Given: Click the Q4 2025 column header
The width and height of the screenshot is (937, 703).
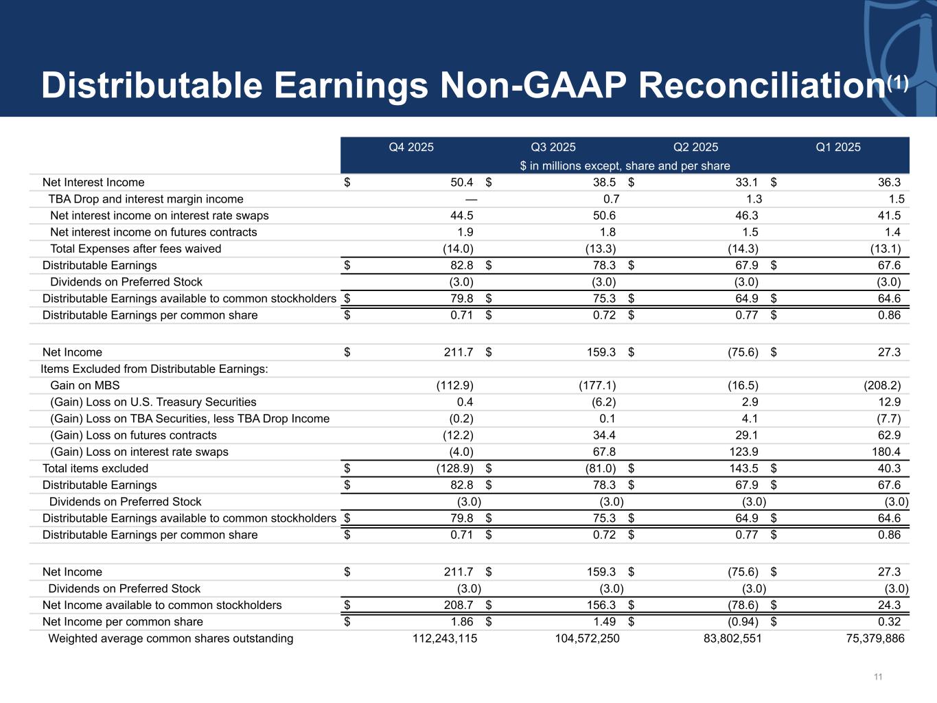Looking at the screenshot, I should pos(411,147).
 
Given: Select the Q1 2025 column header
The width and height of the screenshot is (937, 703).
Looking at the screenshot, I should pos(837,147).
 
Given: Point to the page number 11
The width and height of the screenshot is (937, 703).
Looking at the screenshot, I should pos(878,677).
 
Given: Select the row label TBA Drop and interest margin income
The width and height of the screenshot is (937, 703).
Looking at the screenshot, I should pos(146,199).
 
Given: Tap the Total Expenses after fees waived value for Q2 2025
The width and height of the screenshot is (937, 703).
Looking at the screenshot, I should pos(743,249).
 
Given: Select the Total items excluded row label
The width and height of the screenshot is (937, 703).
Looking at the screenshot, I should pos(95,468).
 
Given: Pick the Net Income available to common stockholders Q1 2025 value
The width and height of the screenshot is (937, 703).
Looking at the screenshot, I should pos(889,606).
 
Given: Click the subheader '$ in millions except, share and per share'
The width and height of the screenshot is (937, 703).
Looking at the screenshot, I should pos(625,165).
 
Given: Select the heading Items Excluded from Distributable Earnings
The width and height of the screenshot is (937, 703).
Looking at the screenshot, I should pos(154,369).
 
